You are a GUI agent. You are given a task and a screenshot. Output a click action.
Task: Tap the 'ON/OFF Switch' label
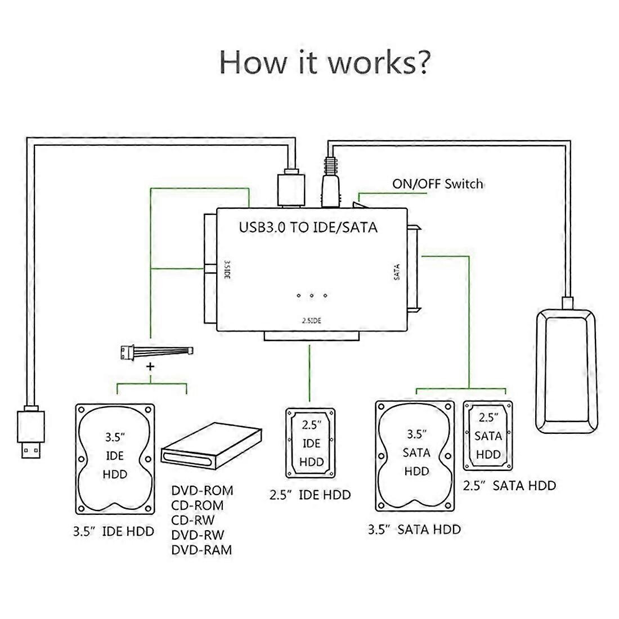pyautogui.click(x=437, y=184)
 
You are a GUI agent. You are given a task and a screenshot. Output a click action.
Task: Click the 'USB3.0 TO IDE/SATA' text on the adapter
pyautogui.click(x=308, y=228)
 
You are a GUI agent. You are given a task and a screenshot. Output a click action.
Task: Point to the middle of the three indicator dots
pyautogui.click(x=311, y=295)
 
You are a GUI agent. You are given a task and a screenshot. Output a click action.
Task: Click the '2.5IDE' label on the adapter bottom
pyautogui.click(x=311, y=320)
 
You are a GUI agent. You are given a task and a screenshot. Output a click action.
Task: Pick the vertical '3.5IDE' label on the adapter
pyautogui.click(x=226, y=270)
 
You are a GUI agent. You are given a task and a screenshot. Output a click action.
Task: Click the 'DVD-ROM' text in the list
pyautogui.click(x=202, y=491)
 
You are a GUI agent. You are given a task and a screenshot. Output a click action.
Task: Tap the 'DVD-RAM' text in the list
pyautogui.click(x=201, y=550)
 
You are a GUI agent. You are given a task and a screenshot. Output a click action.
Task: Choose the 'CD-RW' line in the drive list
pyautogui.click(x=193, y=520)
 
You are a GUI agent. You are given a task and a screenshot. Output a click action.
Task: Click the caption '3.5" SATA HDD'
pyautogui.click(x=414, y=529)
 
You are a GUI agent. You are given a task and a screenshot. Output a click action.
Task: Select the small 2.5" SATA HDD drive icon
pyautogui.click(x=488, y=435)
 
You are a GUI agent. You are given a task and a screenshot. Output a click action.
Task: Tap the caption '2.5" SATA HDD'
pyautogui.click(x=509, y=485)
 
